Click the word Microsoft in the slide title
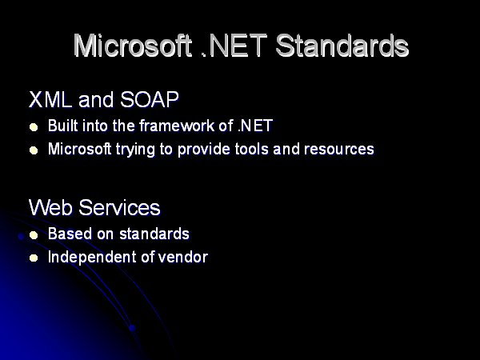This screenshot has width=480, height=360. (133, 46)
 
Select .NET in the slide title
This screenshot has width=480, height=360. (234, 46)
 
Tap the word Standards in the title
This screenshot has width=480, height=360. (342, 46)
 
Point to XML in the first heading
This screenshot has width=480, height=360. (50, 99)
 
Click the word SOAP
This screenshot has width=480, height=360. (150, 99)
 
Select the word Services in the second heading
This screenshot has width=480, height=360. (119, 207)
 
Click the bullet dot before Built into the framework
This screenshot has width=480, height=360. (34, 127)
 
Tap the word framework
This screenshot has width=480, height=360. (177, 126)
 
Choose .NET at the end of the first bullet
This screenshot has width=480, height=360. (255, 126)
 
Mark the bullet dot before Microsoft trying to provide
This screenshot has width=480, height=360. (34, 150)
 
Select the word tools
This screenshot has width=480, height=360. (252, 149)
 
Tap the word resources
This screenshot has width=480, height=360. (339, 150)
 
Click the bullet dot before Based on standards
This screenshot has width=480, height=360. (34, 235)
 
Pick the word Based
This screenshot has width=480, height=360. (70, 234)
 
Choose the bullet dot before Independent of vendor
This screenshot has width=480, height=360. (34, 258)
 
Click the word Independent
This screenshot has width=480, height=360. (92, 258)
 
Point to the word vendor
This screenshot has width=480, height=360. (183, 257)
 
